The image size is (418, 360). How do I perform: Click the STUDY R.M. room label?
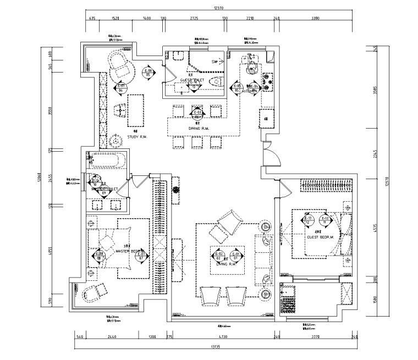click(135, 136)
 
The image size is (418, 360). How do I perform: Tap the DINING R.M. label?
click(197, 129)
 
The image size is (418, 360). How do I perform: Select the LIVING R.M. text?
click(227, 264)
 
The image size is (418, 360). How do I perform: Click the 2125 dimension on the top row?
click(194, 19)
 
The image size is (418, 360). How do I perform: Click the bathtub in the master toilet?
click(109, 162)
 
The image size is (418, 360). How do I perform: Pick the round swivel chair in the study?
click(123, 66)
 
